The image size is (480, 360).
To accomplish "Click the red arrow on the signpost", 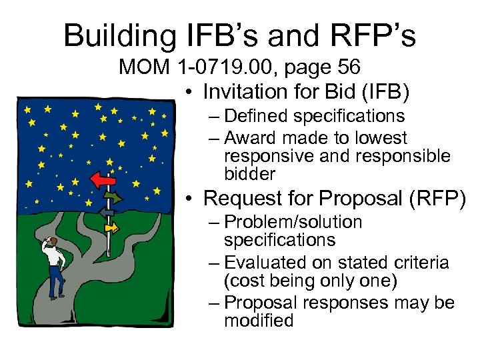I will point(103,178).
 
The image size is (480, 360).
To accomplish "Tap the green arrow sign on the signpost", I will point(113,197).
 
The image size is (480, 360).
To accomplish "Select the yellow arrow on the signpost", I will point(111,228).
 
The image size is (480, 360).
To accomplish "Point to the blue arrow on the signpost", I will point(106,213).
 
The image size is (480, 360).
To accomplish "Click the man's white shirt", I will point(56,257).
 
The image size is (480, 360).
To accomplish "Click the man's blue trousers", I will point(57,281).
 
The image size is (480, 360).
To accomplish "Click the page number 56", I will point(346,67).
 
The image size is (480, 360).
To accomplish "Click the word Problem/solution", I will point(293,222).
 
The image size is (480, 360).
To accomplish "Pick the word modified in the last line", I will point(259,321).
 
